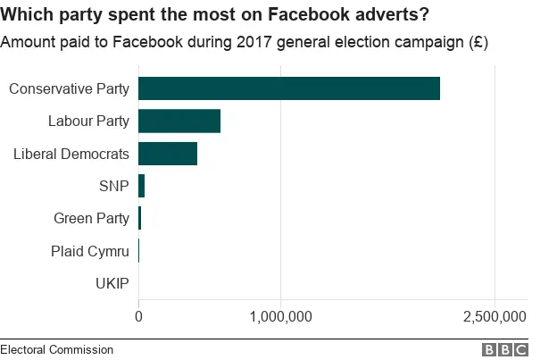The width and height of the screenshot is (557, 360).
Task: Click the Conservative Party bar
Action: tap(288, 88)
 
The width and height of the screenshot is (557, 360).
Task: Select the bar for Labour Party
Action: tap(179, 121)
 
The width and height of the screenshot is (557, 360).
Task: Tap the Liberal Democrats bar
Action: tap(168, 154)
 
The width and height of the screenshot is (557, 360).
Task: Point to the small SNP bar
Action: tap(141, 187)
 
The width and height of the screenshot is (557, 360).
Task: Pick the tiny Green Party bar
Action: tap(139, 219)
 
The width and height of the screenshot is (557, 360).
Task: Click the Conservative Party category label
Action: tap(69, 88)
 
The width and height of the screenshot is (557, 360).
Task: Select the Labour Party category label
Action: tap(88, 121)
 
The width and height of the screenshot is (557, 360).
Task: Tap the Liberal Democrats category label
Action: tap(71, 154)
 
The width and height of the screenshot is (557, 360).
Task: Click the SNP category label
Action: tap(114, 187)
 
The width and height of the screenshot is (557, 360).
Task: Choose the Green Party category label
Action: tap(91, 219)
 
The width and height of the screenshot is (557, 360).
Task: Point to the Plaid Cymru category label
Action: tap(90, 251)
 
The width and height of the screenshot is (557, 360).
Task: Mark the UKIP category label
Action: tap(112, 284)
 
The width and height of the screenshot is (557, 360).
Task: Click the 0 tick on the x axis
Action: tap(138, 316)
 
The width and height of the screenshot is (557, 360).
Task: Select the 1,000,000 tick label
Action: tap(280, 316)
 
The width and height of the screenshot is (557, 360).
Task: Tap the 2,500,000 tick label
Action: tap(495, 316)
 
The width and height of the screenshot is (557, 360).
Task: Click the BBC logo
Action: tap(505, 350)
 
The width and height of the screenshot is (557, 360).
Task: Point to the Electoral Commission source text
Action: tap(56, 349)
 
